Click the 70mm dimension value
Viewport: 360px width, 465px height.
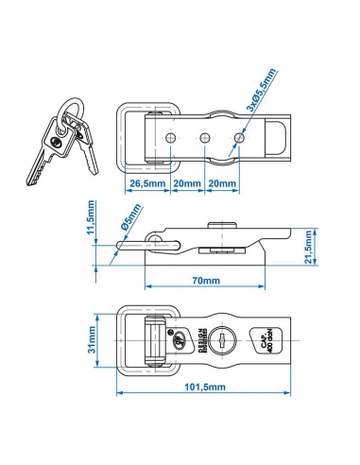point(200,281)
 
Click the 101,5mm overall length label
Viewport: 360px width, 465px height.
point(200,387)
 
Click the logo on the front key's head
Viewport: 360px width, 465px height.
point(60,142)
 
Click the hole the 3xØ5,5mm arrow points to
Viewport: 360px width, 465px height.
point(238,138)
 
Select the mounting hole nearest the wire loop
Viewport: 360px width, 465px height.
point(170,138)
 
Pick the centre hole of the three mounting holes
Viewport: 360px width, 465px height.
point(204,138)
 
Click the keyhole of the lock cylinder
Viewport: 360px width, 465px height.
point(220,337)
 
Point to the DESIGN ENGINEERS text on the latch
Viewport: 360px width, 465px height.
point(197,337)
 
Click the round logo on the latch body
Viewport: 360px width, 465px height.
point(174,337)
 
